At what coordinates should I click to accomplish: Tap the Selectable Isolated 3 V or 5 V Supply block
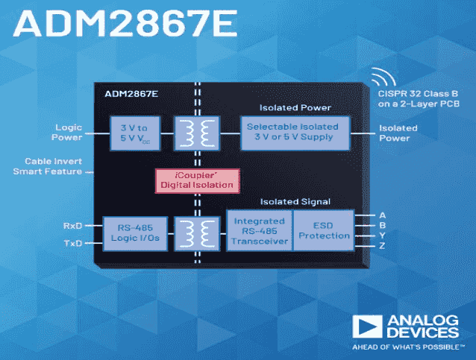pyautogui.click(x=293, y=133)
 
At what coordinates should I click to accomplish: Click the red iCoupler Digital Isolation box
pyautogui.click(x=195, y=180)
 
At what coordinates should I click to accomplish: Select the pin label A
pyautogui.click(x=383, y=215)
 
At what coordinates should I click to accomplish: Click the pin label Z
pyautogui.click(x=383, y=244)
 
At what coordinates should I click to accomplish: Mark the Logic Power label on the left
pyautogui.click(x=68, y=132)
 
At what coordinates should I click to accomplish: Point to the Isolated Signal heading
pyautogui.click(x=295, y=201)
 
